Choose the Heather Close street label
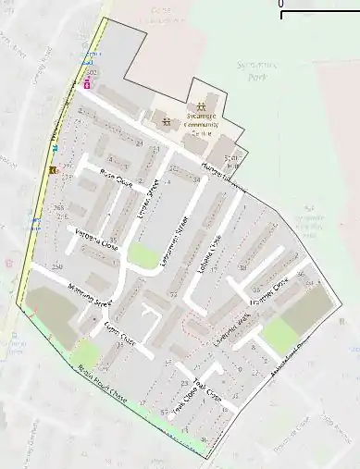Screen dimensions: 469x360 coord(270,292)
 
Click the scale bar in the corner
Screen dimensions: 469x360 coord(319,13)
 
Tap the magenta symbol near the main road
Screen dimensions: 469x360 coord(88,83)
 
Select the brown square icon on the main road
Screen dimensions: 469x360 coord(55,169)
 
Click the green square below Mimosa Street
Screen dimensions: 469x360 coord(85,352)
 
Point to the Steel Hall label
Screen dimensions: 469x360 coord(231,158)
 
